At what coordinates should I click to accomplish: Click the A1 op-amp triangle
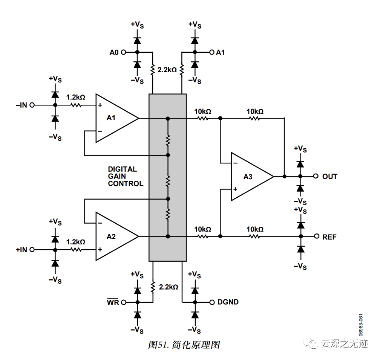coord(113,118)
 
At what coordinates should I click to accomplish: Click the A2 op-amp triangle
coord(113,236)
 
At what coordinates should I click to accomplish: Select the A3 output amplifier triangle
coord(249,176)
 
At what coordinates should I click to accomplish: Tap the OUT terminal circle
coord(315,176)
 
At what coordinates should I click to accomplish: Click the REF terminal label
coord(329,237)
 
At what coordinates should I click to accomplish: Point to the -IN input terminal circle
coord(32,105)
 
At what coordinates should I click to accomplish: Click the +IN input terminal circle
coord(32,249)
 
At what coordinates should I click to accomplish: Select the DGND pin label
coord(228,302)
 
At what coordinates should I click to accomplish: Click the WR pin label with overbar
coord(113,302)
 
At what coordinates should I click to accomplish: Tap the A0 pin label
coord(114,52)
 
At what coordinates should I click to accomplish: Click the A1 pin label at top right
coord(220,52)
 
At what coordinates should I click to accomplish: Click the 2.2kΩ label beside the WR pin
coord(168,287)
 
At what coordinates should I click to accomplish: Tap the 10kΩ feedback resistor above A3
coord(255,118)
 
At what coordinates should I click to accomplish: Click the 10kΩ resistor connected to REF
coord(255,236)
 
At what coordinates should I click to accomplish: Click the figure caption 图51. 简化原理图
coord(184,345)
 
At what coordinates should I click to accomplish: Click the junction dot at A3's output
coord(284,176)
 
